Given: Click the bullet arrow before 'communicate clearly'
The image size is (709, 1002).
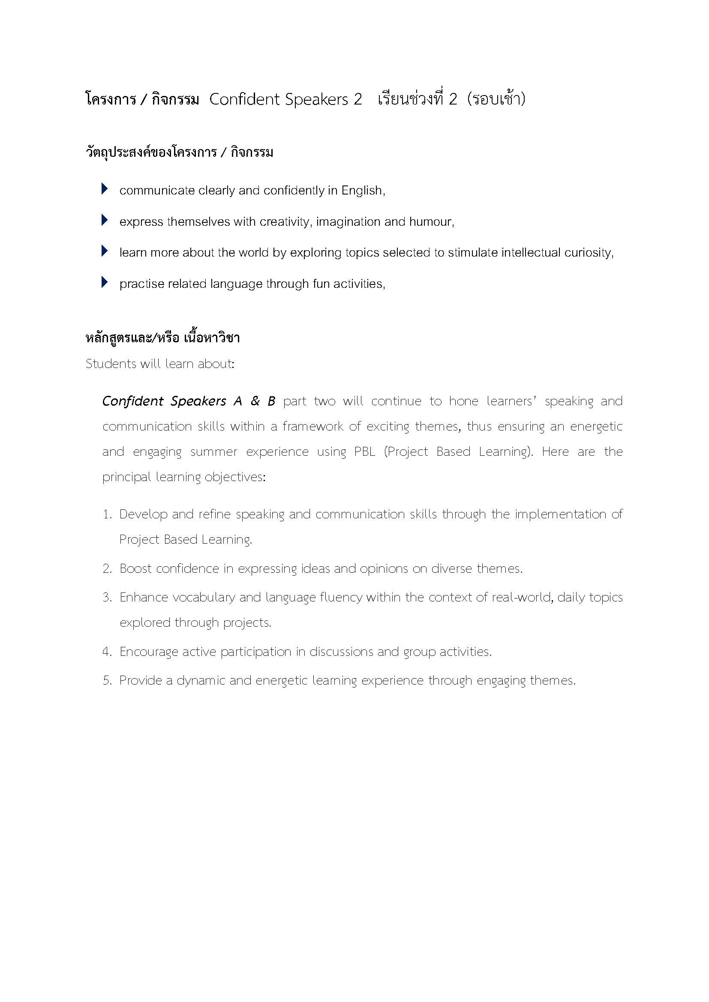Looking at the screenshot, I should pos(104,189).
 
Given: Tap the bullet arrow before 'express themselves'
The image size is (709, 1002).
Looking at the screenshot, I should pos(104,220).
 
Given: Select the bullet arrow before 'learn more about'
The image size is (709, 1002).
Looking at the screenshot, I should pos(104,251).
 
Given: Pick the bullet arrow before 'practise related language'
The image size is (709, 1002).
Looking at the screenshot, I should pos(104,282).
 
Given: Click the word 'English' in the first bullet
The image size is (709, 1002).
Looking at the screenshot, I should pos(361,191).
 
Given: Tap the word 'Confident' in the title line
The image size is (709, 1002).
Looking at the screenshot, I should pos(244,99).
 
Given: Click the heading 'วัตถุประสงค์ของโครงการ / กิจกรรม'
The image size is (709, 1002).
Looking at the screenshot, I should pos(180,153).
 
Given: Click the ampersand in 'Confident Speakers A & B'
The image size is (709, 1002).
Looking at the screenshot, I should pos(255,401).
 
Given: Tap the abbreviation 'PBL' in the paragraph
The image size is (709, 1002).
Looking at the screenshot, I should pos(364,452).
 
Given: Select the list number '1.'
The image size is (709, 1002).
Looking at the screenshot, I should pos(108,514).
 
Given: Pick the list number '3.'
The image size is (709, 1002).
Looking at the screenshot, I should pos(108,598).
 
